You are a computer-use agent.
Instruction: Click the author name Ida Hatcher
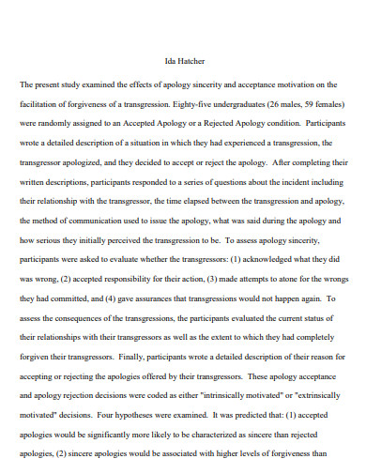pyautogui.click(x=183, y=60)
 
